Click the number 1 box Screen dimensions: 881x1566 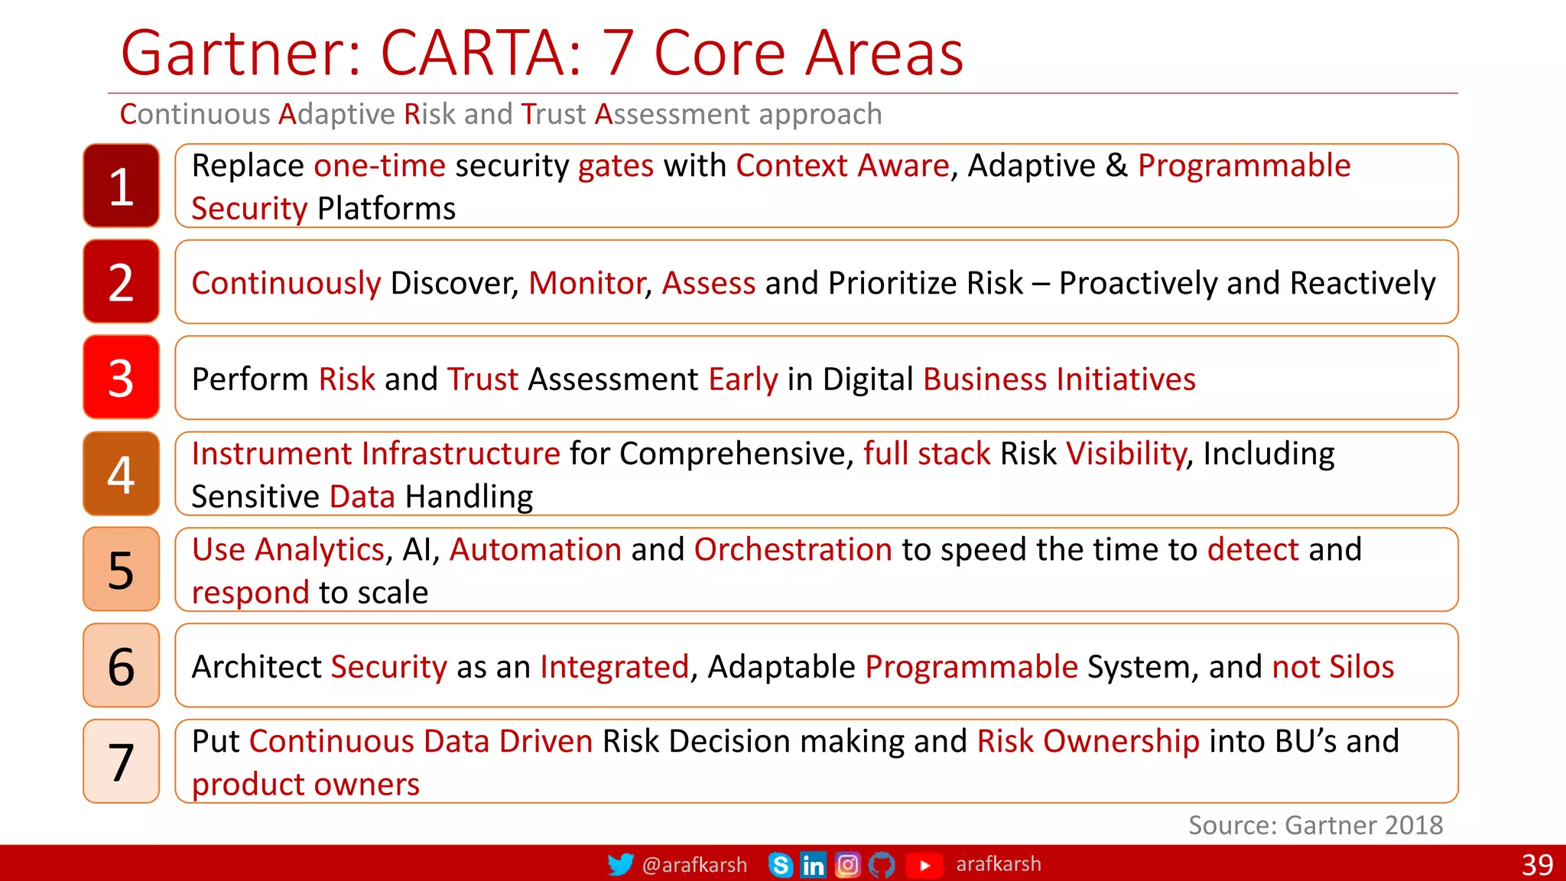(x=121, y=186)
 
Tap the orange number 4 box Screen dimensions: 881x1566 (x=121, y=473)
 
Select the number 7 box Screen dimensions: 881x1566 (x=121, y=761)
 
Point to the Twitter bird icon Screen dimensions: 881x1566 (x=620, y=864)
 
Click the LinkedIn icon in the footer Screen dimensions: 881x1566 (x=813, y=865)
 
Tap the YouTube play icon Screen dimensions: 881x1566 (x=924, y=865)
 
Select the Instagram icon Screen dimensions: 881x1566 (x=847, y=865)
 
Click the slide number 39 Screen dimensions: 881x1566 (x=1537, y=865)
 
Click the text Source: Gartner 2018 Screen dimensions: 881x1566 (x=1315, y=825)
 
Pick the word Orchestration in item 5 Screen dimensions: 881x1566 (x=793, y=550)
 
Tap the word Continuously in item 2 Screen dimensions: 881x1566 (x=286, y=284)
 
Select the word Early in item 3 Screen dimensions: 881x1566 (x=742, y=380)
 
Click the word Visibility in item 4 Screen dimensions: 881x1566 (x=1126, y=454)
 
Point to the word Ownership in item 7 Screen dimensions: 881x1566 (x=1121, y=742)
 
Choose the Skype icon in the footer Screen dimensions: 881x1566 (x=780, y=865)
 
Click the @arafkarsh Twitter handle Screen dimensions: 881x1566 (x=694, y=865)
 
